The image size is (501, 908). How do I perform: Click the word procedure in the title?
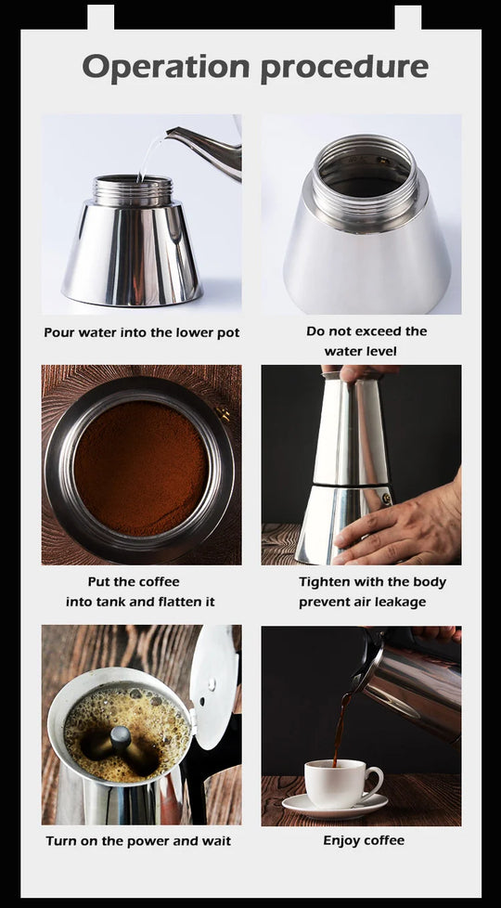point(345,69)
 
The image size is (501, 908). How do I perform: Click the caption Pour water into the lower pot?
point(142,333)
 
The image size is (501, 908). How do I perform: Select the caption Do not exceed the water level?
point(366,341)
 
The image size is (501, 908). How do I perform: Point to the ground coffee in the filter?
point(141,468)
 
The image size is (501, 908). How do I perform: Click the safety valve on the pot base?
point(385,499)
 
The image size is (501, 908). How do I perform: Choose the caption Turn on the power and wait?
point(138,841)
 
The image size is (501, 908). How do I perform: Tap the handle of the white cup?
point(374,782)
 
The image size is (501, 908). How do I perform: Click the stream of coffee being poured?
point(340,729)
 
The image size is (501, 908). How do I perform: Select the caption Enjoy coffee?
point(364,840)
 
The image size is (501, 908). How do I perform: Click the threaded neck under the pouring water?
point(133,190)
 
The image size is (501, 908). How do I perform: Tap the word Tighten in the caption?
point(323,582)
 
